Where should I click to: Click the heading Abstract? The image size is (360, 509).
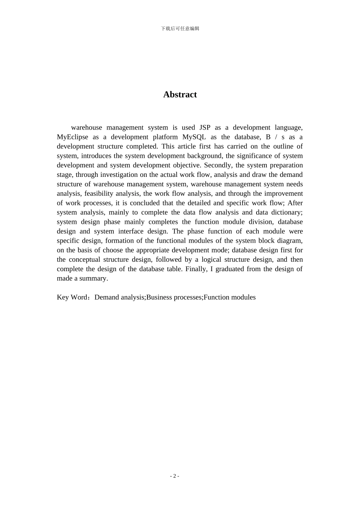click(180, 95)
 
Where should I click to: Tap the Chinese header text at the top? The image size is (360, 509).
click(180, 28)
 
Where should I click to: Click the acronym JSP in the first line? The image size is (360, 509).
click(205, 128)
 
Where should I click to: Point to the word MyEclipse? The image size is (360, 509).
click(72, 137)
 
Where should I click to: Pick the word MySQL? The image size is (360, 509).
click(194, 137)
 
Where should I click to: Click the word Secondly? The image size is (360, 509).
click(218, 165)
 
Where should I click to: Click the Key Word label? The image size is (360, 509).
click(72, 297)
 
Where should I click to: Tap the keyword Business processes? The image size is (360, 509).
click(174, 297)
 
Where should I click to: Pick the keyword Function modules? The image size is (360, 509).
click(230, 297)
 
